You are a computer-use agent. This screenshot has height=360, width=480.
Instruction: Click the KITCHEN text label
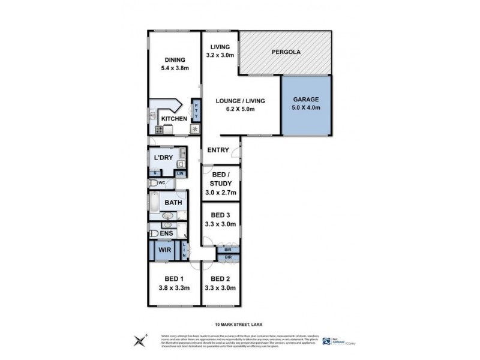[x=174, y=119]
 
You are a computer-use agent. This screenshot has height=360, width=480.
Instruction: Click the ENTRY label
[x=218, y=150]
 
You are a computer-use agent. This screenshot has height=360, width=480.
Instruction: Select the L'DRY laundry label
[x=164, y=157]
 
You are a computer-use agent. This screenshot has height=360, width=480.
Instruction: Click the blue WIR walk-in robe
[x=163, y=251]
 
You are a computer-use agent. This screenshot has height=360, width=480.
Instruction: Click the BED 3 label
[x=221, y=215]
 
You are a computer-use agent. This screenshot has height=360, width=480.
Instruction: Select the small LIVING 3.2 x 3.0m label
[x=219, y=52]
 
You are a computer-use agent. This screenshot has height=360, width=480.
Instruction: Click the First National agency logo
[x=327, y=340]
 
